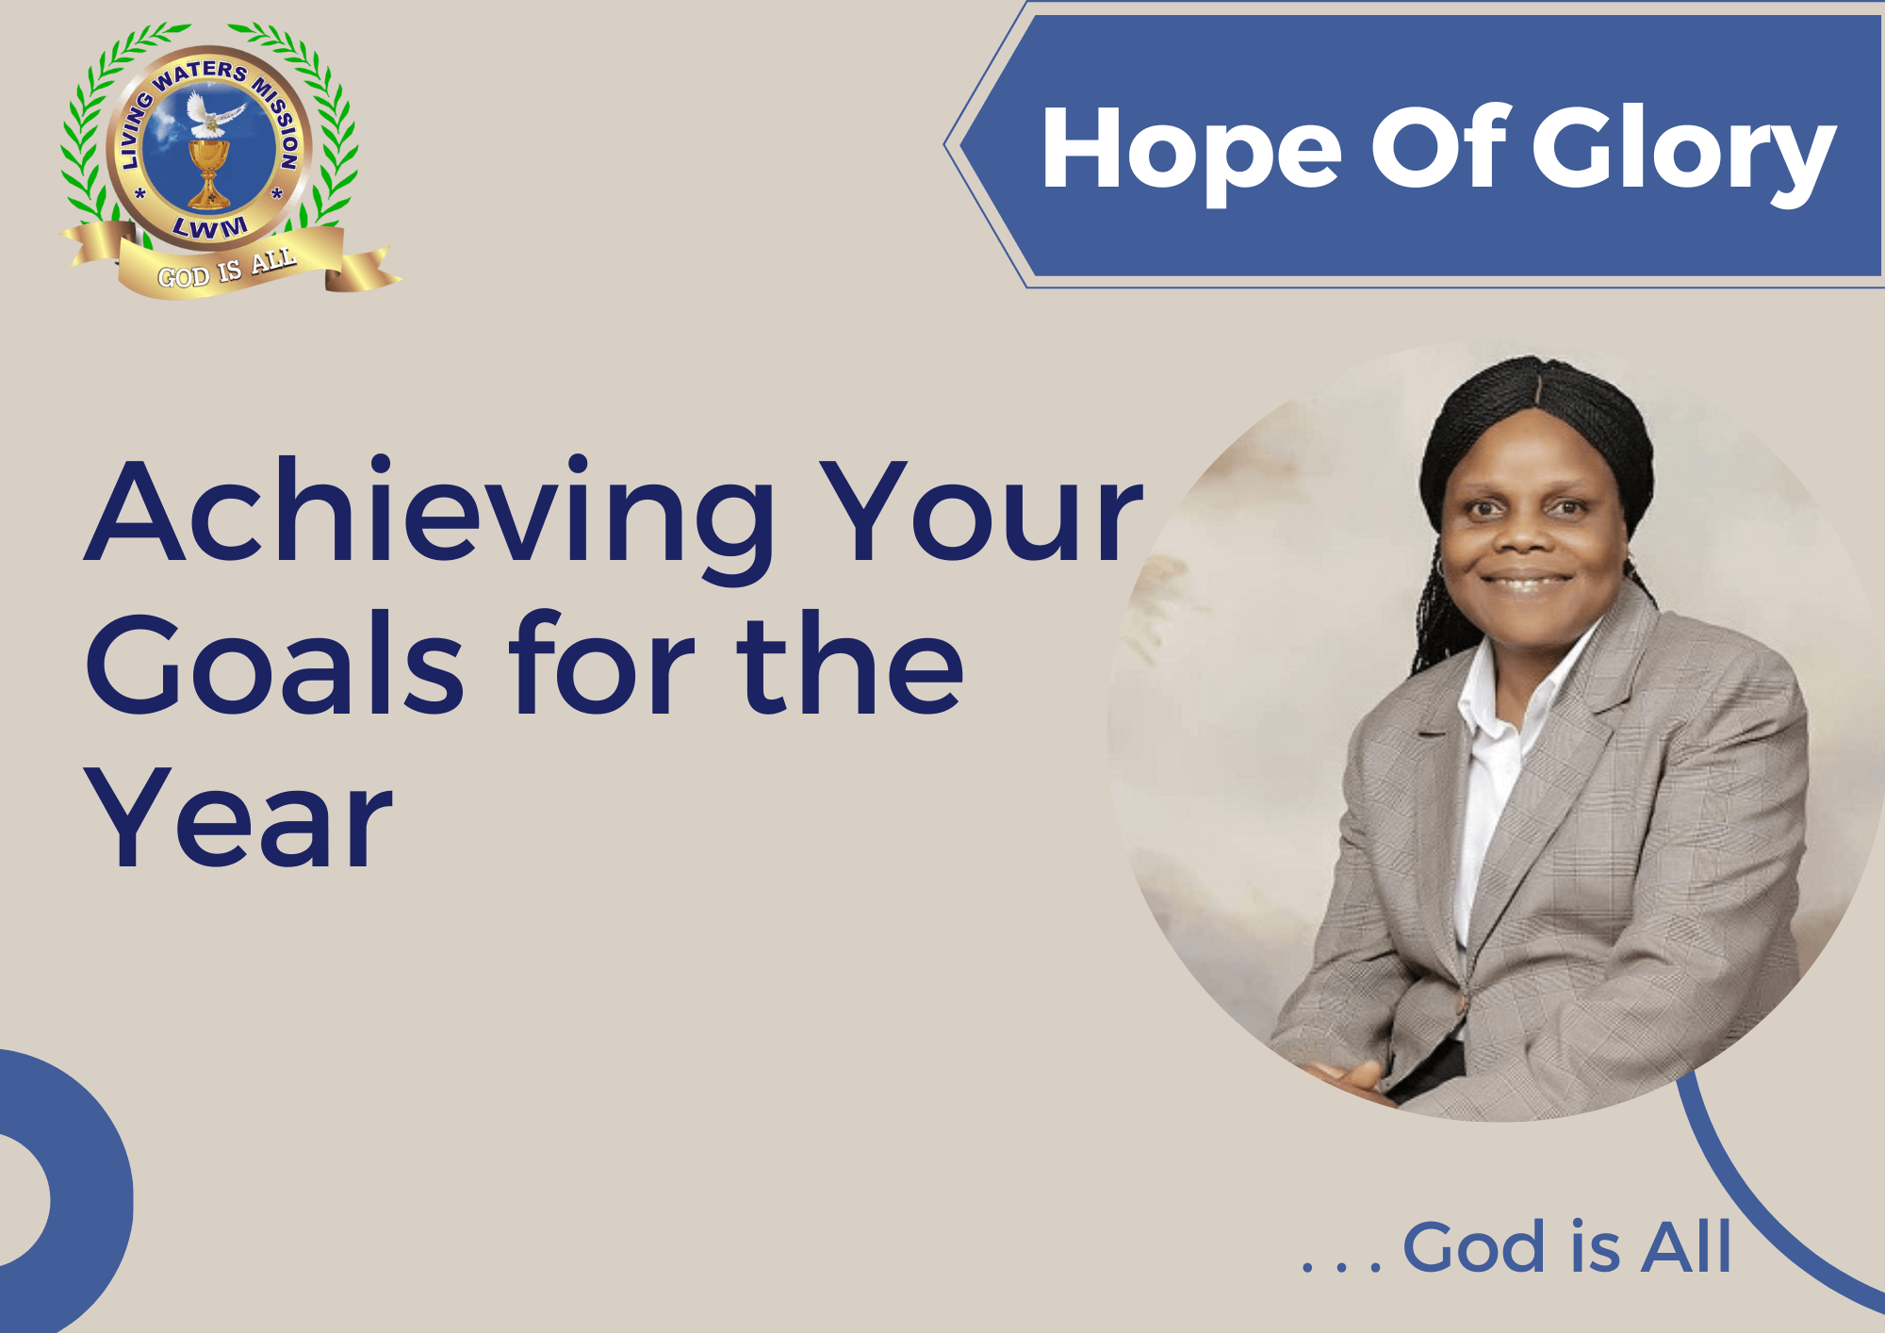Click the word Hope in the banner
coord(1191,151)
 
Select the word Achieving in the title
coord(430,514)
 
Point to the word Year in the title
coord(238,818)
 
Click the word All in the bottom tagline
coord(1686,1247)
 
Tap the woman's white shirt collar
coord(1508,688)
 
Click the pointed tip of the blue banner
coord(945,145)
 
